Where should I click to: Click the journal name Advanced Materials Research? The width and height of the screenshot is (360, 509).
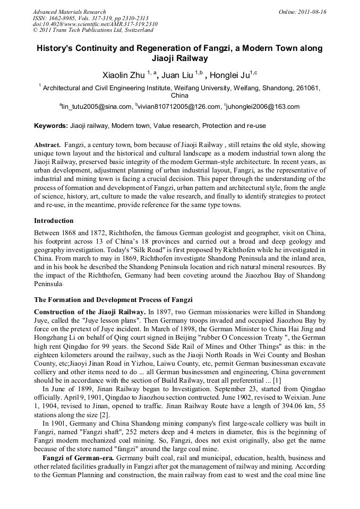(x=69, y=12)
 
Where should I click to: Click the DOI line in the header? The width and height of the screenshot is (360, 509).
(x=95, y=24)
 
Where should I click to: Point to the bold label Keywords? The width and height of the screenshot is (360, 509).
(x=51, y=126)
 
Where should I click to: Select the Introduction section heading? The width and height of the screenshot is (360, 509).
(x=54, y=220)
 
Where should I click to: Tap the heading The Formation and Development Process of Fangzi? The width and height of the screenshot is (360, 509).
(x=113, y=300)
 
